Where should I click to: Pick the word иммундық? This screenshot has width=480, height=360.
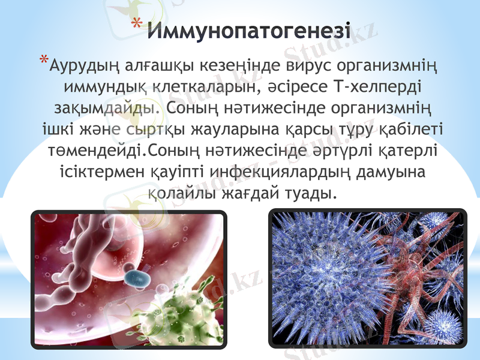pyautogui.click(x=101, y=88)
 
